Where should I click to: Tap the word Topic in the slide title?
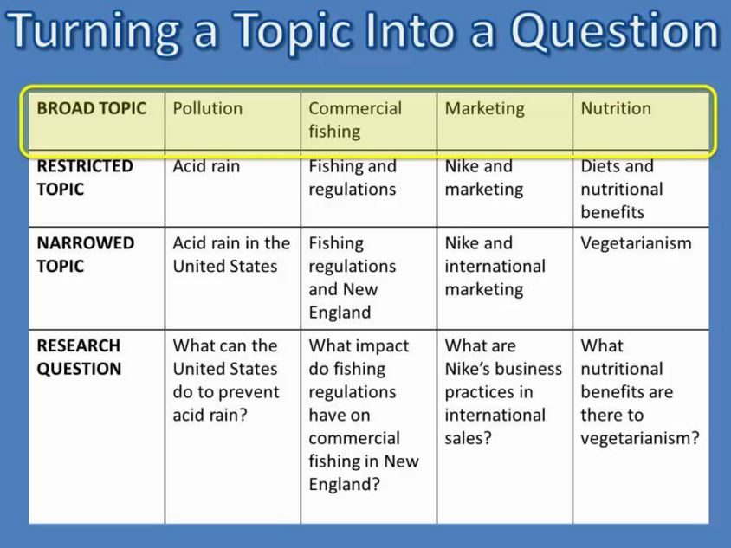point(309,32)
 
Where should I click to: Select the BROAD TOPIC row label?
point(91,108)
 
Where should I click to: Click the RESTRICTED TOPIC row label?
point(85,177)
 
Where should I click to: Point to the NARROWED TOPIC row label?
point(85,255)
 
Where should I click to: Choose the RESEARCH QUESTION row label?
point(79,357)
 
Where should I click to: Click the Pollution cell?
point(208,108)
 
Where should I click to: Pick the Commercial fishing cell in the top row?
point(355,119)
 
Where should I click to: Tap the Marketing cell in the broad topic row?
point(484,108)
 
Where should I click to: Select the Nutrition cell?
point(616,108)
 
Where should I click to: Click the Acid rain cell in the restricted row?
point(206,166)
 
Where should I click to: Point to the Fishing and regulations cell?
point(353,177)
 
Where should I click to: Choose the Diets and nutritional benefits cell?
point(622,189)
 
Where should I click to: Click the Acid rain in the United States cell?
point(231,255)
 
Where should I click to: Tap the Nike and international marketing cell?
point(495,266)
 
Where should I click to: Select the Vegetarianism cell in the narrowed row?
point(636,243)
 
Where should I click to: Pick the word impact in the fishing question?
point(380,345)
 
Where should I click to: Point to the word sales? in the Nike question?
point(468,438)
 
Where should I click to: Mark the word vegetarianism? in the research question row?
point(640,438)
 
